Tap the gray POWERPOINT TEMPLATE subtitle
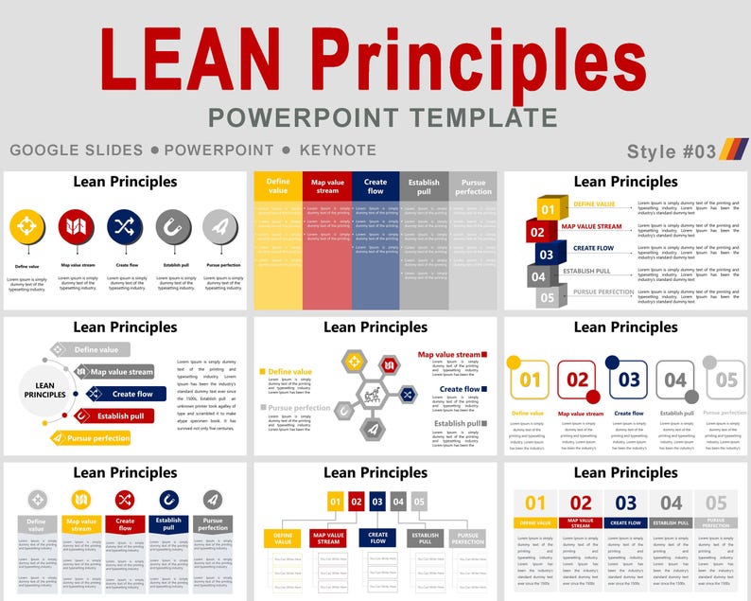383,118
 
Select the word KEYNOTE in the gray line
338,150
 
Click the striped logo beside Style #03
734,150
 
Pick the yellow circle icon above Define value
27,227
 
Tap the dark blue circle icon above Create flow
124,227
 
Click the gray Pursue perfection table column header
473,186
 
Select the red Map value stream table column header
327,186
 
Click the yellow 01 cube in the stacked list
549,208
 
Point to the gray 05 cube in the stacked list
548,297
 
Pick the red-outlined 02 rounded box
578,381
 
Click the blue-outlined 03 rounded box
628,380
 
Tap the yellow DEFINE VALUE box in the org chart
283,539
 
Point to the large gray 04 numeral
671,504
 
